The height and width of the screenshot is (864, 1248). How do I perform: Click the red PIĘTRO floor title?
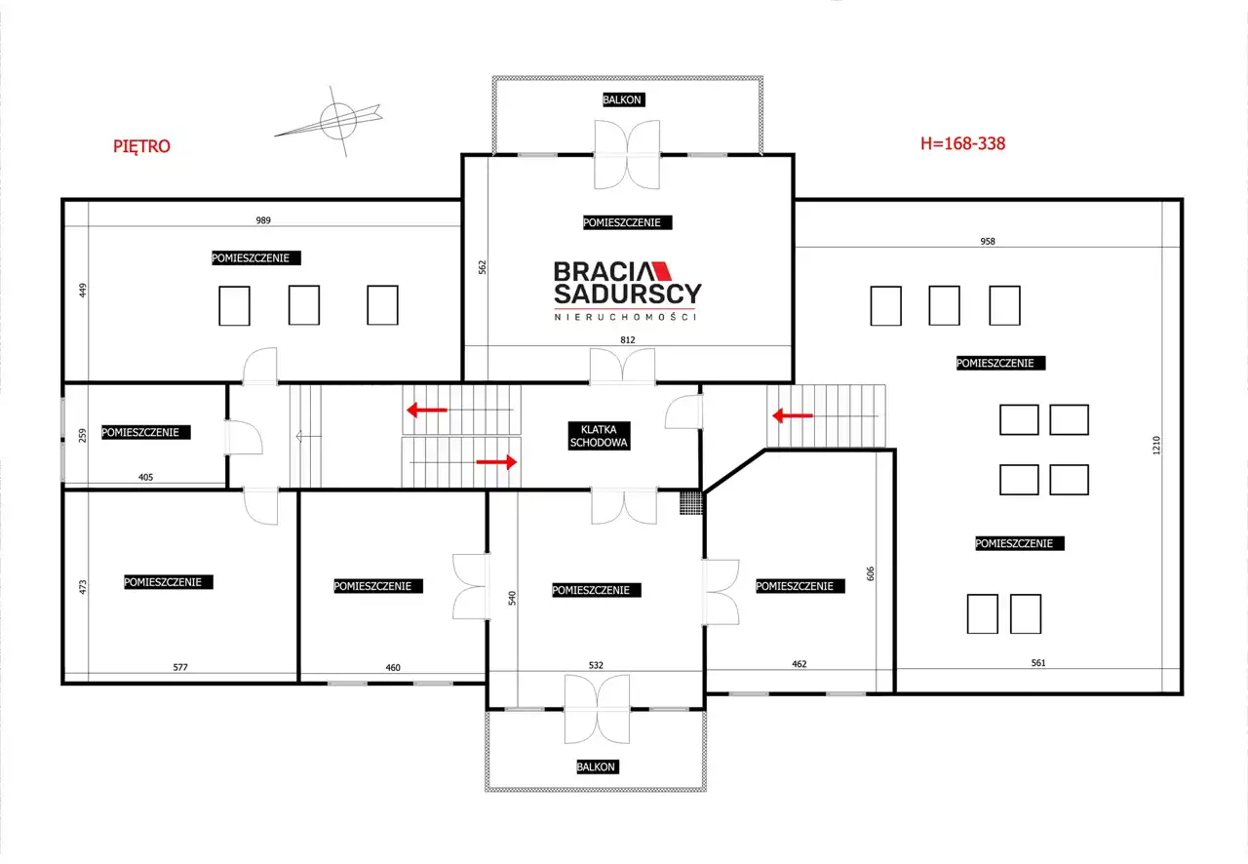click(141, 146)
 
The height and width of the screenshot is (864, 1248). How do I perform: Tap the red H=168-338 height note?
click(962, 143)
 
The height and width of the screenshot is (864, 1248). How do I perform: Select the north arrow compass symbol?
click(333, 121)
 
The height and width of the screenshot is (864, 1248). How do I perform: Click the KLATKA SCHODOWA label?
click(599, 436)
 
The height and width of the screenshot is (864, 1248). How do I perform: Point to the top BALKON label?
click(622, 99)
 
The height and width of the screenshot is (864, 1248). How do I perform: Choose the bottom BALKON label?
click(596, 767)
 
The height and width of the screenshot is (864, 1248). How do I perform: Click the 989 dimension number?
click(263, 220)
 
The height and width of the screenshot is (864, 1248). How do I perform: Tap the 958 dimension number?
click(988, 242)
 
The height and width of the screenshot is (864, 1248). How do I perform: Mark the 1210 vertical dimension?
click(1156, 445)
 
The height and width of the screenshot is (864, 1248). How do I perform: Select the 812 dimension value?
click(627, 339)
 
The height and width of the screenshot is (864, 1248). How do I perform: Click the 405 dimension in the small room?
click(145, 477)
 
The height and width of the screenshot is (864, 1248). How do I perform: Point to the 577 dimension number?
click(180, 667)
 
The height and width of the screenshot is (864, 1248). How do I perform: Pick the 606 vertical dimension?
click(871, 573)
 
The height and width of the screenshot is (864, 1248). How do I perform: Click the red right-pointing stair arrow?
click(496, 462)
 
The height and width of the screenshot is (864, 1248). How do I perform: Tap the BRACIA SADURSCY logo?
click(627, 291)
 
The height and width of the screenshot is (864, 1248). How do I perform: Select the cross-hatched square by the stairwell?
click(691, 502)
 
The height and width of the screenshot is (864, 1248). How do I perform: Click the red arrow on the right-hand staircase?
click(793, 415)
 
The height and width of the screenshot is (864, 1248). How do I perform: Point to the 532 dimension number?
click(596, 665)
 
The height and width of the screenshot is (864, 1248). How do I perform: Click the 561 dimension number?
click(1038, 663)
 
